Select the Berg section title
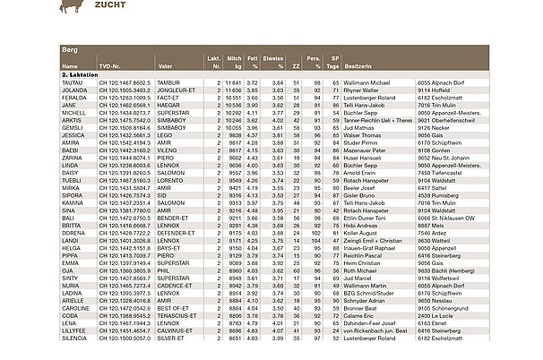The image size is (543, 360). (x=70, y=51)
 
